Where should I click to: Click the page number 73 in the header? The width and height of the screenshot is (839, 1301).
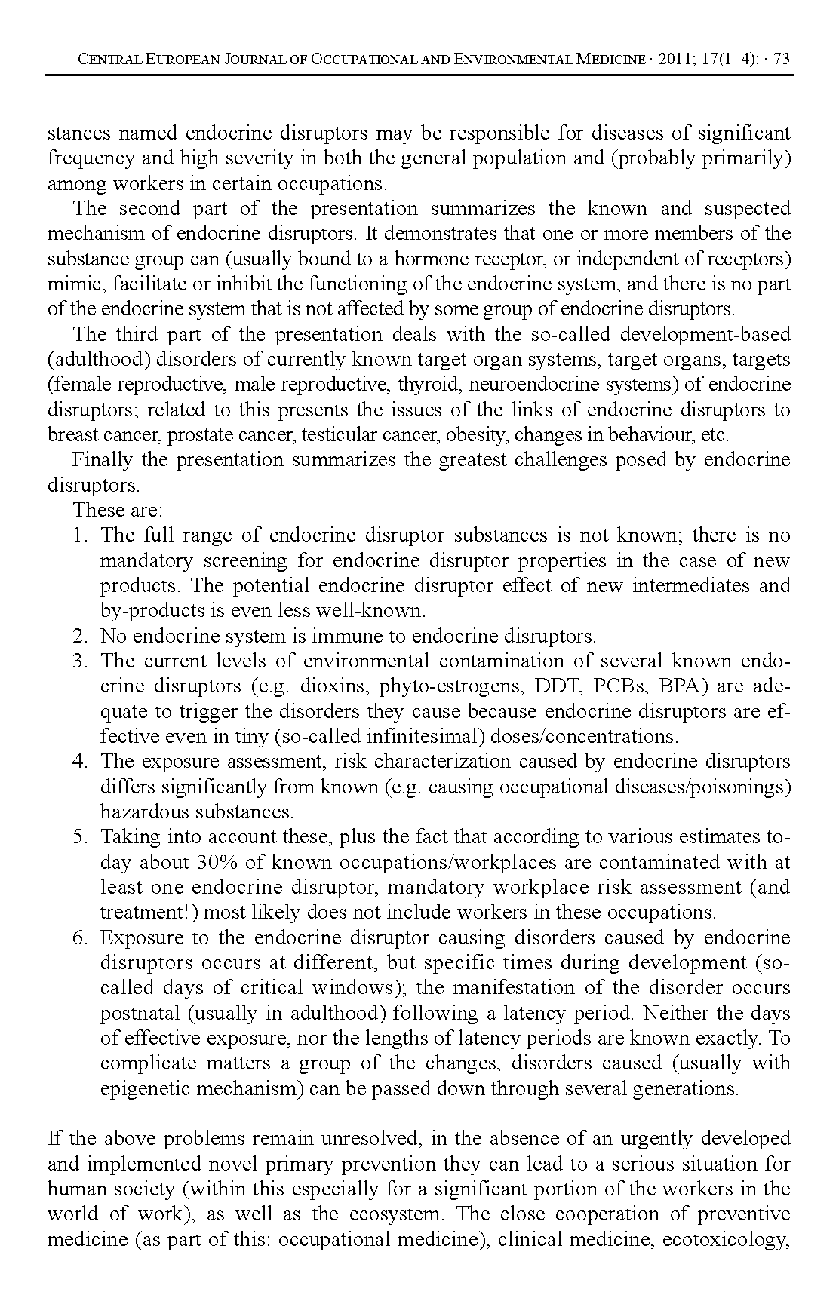point(782,59)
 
